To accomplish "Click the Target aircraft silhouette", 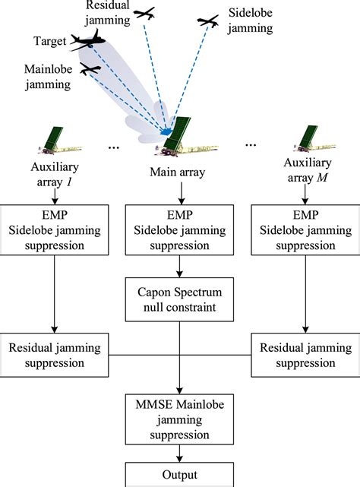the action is coord(87,41).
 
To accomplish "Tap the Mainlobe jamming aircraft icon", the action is coord(90,68).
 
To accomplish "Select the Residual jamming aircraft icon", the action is coord(144,14).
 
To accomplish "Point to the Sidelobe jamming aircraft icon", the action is coord(208,21).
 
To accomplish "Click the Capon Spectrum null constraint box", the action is coord(179,299).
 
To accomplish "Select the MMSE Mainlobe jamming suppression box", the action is coord(179,419).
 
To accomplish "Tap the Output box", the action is coord(179,475).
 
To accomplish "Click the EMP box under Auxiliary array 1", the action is coord(55,230).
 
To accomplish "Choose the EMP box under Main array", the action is coord(179,230).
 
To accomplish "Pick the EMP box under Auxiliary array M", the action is coord(305,230).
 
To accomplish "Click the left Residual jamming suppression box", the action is coord(55,355).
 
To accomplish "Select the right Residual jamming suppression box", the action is coord(305,355).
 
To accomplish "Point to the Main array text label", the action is coord(178,172).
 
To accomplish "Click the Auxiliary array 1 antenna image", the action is coord(60,141).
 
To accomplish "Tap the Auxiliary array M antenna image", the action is coord(314,138).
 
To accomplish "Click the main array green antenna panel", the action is coord(178,132).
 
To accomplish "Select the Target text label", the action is coord(49,41).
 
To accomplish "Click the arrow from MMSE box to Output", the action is coord(179,454).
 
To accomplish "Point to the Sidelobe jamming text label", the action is coord(250,21).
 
